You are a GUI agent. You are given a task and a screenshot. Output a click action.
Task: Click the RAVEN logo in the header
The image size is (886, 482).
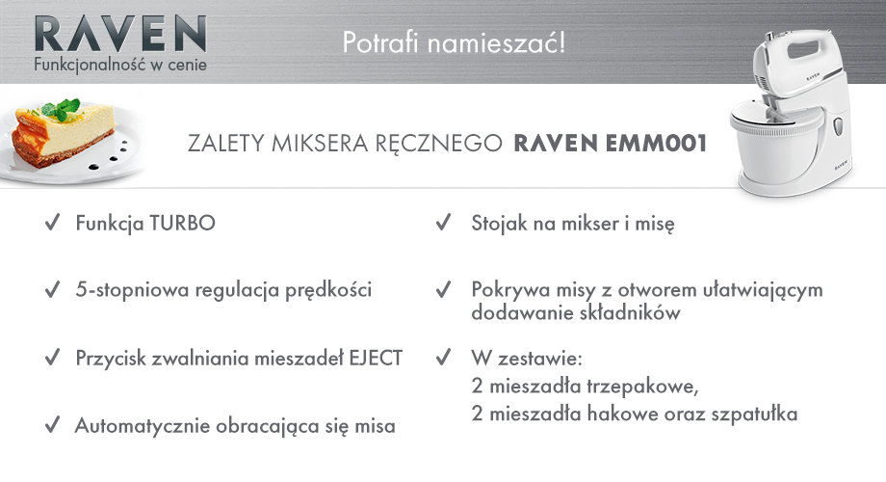coord(120,34)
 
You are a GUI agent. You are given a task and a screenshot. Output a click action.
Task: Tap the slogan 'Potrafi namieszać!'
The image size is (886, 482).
coord(454,43)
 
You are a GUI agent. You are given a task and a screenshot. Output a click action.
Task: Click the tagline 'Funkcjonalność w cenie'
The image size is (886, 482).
coord(120,65)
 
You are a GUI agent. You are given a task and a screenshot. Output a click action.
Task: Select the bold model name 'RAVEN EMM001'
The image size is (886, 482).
coord(611,143)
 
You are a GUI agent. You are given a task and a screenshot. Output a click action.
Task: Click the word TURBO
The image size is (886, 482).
coord(183,223)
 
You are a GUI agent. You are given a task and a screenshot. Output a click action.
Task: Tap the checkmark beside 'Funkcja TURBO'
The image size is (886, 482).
coord(53,222)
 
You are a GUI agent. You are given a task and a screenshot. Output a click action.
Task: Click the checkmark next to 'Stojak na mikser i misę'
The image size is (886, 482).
coord(444,222)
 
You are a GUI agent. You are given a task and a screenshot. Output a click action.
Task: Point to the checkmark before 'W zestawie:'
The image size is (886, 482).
coord(444,357)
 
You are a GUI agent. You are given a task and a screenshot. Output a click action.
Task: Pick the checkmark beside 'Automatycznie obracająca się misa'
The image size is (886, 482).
coord(53,424)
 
